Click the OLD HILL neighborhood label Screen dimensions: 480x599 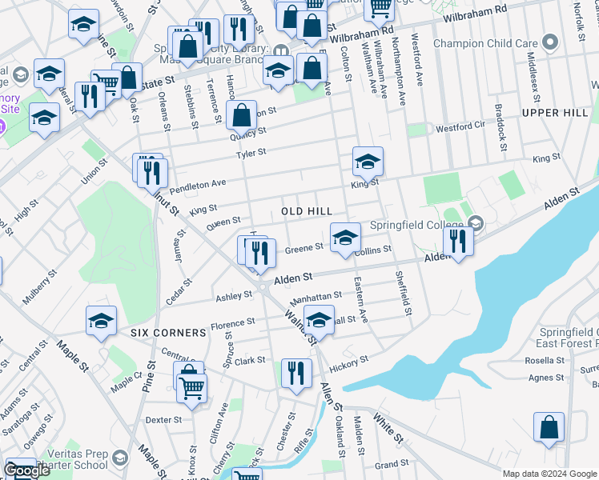(307, 211)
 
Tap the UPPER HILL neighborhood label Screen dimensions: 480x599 (554, 113)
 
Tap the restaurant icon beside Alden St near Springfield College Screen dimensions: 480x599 (458, 241)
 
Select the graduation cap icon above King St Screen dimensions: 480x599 (368, 162)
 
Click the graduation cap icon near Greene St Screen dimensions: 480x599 (345, 238)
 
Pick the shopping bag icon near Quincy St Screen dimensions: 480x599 (241, 116)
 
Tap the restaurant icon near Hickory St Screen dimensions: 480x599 (296, 374)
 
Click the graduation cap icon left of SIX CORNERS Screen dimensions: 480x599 (102, 320)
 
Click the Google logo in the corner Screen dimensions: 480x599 (26, 471)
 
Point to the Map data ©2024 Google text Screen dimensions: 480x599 (549, 474)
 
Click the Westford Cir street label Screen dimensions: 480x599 (460, 126)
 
